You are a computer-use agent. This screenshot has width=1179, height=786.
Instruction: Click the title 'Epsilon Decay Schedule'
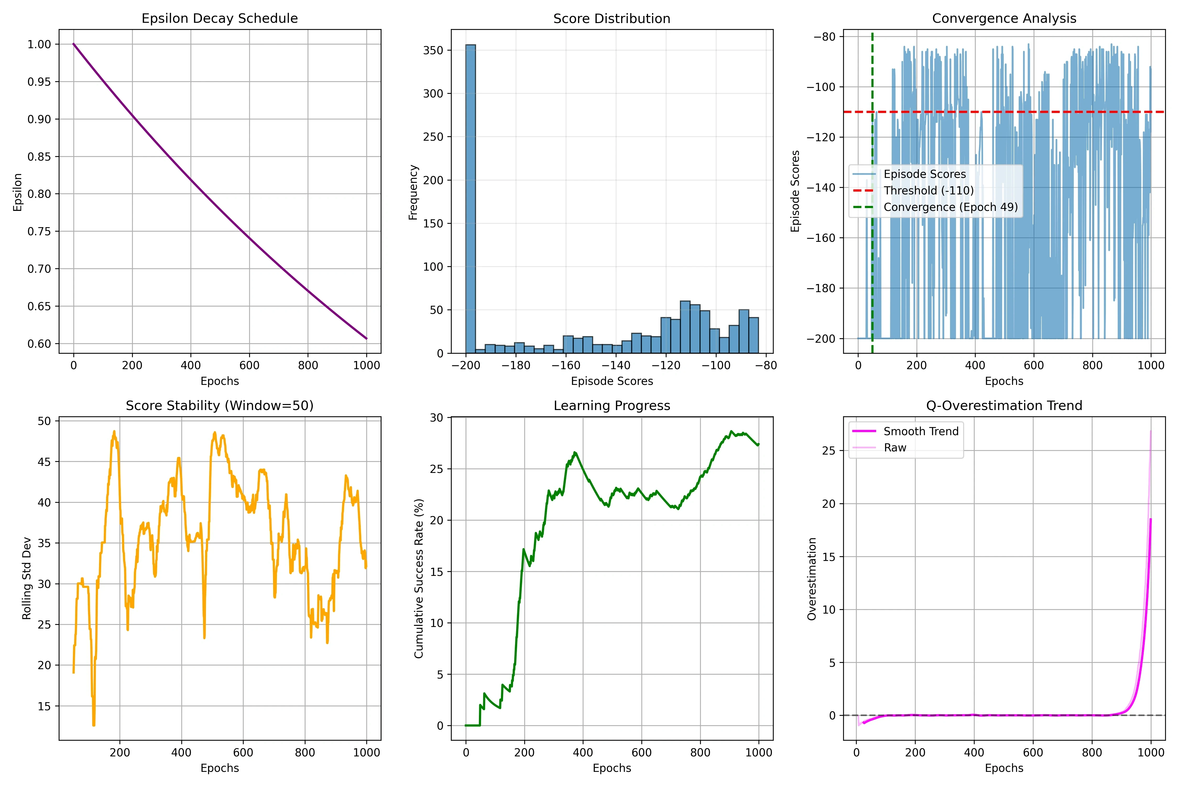click(x=220, y=19)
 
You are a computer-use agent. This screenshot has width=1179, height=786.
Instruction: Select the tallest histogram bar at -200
click(x=470, y=199)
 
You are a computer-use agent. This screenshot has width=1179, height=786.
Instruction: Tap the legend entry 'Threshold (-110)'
click(x=928, y=190)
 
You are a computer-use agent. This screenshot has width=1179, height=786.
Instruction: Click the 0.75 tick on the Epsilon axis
click(x=39, y=231)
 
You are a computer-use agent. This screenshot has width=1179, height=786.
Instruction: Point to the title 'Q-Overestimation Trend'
click(x=1004, y=406)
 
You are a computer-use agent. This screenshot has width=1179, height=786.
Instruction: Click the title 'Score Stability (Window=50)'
click(x=220, y=406)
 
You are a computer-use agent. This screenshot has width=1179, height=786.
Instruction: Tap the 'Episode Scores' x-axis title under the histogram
click(x=612, y=381)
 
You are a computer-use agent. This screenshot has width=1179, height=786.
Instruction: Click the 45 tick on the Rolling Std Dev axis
click(x=45, y=462)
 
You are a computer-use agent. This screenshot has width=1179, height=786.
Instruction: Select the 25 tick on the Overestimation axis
click(x=829, y=451)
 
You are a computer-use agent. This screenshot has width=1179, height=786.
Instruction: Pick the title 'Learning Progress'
click(x=612, y=406)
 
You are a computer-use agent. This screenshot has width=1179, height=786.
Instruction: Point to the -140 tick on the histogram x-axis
click(x=616, y=365)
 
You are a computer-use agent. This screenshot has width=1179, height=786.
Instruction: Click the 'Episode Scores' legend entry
click(x=924, y=174)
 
